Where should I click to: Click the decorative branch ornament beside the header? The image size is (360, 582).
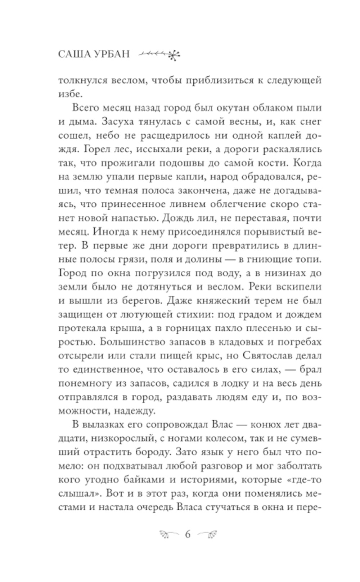(x=160, y=54)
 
